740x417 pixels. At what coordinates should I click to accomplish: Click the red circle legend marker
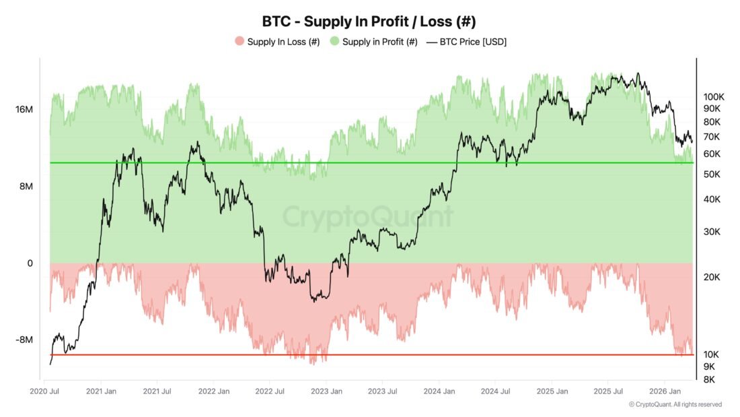[x=239, y=42]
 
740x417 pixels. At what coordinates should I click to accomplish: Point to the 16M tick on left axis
[x=24, y=110]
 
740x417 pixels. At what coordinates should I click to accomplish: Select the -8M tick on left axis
[x=24, y=340]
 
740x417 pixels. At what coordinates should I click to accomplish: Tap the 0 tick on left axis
[x=30, y=263]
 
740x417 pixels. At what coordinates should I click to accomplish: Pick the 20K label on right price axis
[x=712, y=277]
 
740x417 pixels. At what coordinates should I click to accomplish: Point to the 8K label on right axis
[x=709, y=379]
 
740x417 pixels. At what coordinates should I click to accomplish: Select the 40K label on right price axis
[x=712, y=199]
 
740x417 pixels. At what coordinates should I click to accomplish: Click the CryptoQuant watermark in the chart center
[x=367, y=218]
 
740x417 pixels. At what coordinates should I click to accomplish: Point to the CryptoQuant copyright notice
[x=675, y=404]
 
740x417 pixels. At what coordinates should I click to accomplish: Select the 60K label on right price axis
[x=712, y=154]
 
